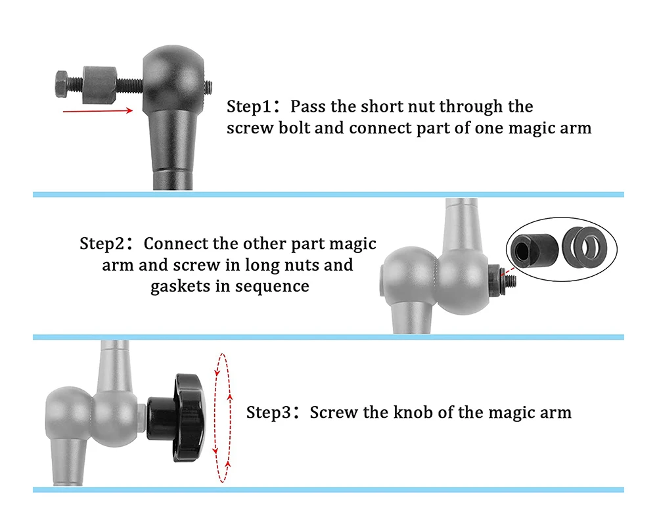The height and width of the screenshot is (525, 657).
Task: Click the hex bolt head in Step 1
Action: pos(61,84)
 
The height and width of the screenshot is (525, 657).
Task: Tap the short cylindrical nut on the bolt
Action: pos(100,85)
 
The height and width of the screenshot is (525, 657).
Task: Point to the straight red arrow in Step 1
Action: pos(98,110)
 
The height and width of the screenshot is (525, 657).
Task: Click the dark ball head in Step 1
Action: pos(173,80)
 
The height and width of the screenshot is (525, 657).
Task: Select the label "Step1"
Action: pos(249,106)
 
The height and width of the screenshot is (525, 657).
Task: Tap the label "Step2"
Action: pos(102,243)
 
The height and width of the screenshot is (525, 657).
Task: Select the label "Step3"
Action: pos(269,413)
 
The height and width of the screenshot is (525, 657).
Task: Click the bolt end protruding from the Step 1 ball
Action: pos(208,88)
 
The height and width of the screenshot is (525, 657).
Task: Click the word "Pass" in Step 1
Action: pos(308,106)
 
